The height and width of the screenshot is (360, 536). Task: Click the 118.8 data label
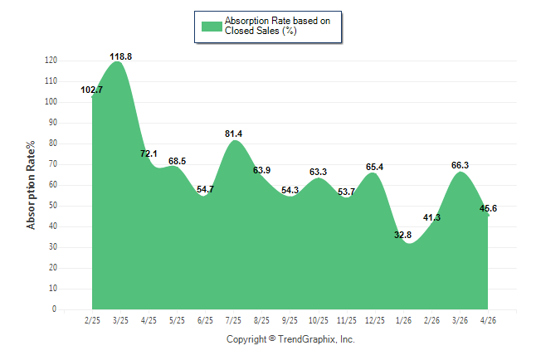(120, 56)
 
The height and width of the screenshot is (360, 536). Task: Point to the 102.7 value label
(91, 90)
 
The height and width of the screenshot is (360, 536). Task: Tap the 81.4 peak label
(233, 134)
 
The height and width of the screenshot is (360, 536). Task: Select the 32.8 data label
(402, 235)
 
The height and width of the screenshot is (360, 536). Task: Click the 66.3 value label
(460, 165)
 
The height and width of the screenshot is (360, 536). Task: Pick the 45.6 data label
(488, 208)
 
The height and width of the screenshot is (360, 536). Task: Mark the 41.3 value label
(431, 217)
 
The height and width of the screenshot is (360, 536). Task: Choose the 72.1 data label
(149, 153)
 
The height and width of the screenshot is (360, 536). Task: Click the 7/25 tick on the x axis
(233, 321)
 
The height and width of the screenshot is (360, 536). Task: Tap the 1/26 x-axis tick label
(403, 321)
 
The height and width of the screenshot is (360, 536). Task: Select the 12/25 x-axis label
(375, 321)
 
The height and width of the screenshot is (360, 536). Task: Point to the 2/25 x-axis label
(92, 321)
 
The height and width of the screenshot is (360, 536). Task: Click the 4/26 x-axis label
(488, 321)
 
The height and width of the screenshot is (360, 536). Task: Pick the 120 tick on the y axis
(51, 61)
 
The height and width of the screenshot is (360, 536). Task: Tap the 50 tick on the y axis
(53, 206)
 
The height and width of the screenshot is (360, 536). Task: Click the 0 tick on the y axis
(55, 309)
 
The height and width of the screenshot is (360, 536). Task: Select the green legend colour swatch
(212, 27)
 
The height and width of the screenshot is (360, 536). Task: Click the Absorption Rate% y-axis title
(31, 185)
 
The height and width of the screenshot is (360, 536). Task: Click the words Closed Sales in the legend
(252, 31)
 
